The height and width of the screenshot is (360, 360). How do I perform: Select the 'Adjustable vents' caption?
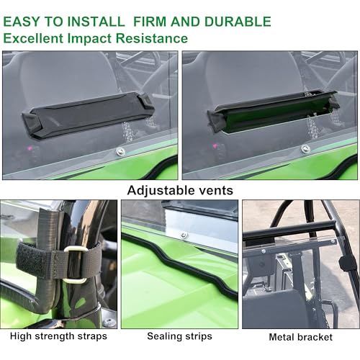(x=179, y=191)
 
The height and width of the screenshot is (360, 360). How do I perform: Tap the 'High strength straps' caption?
(x=58, y=336)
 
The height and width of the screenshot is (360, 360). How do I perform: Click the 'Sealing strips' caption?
(x=179, y=336)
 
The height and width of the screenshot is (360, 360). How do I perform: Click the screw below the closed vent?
(x=120, y=151)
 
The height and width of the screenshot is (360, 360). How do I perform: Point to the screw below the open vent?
(x=306, y=149)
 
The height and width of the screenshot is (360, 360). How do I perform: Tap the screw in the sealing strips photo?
(x=184, y=235)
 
